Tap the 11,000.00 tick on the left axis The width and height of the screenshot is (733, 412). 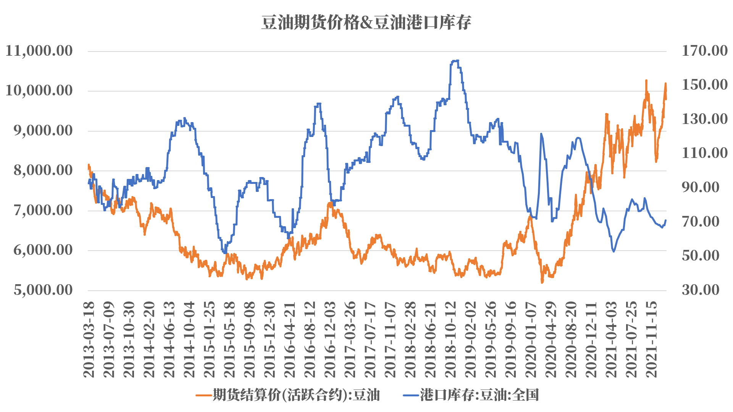[x=39, y=51]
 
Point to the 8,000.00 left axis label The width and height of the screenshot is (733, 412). [x=43, y=170]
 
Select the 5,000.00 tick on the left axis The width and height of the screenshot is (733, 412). [x=43, y=290]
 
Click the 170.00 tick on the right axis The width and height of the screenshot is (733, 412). [x=704, y=51]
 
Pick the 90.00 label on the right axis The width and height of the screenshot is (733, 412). [x=701, y=187]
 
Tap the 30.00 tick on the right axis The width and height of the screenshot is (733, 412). [x=701, y=290]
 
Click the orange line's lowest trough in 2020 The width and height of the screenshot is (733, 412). [x=542, y=282]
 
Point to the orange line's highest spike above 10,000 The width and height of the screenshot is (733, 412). [x=646, y=80]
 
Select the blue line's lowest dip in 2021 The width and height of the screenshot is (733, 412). [x=614, y=251]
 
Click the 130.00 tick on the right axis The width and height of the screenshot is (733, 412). [x=704, y=119]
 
